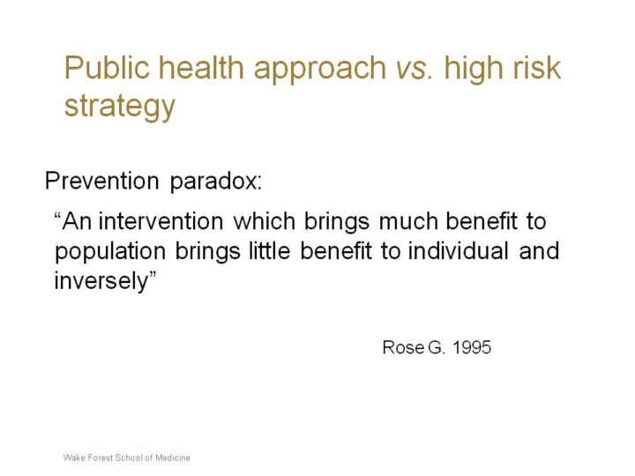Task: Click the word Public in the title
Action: coord(107,67)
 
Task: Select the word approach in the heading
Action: coord(320,71)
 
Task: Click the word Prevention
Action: coord(101,181)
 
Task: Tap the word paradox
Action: coord(216,182)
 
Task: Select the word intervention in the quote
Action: coord(161,221)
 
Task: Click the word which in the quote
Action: coord(265,221)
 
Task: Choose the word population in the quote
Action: coord(110,253)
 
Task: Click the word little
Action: coord(269,251)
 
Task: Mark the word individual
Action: coord(458,251)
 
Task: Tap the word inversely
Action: coord(101,282)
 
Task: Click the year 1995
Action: coord(471,347)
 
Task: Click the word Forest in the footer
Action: coord(100,457)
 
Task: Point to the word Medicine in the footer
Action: coord(173,457)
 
